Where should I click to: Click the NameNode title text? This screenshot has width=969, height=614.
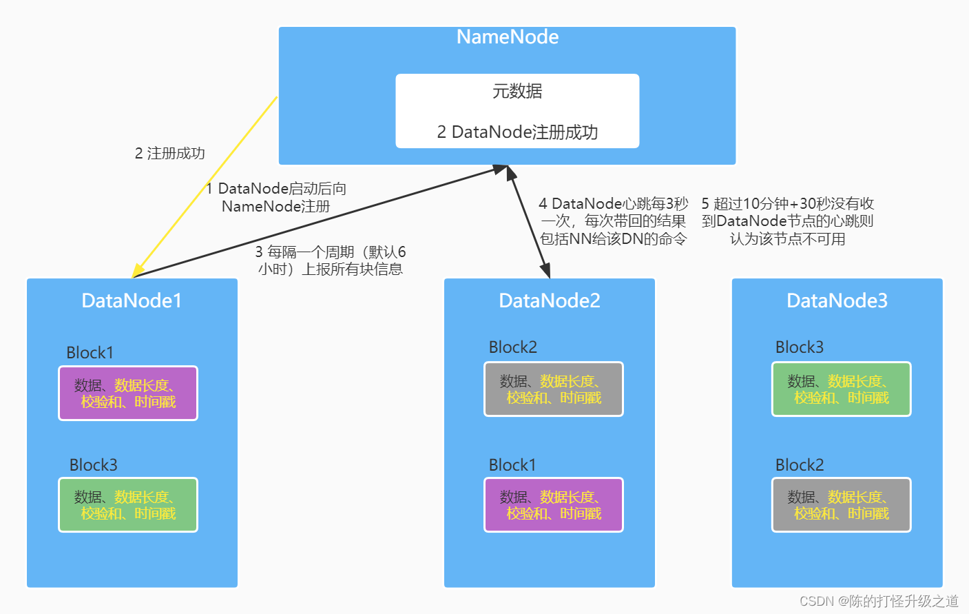coord(507,37)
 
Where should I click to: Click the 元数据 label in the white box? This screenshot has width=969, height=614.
coord(517,91)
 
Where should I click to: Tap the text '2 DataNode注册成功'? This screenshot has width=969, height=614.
coord(517,132)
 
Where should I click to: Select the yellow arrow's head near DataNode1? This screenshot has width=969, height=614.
coord(138,269)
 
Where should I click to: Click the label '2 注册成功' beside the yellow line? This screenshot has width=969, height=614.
coord(170,153)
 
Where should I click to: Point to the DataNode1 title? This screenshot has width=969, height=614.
coord(132,300)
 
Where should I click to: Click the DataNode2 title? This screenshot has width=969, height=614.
coord(549,300)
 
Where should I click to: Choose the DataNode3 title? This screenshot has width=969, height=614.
coord(837,300)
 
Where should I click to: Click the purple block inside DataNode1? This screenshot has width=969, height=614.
coord(128,393)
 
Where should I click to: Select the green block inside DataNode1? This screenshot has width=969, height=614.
coord(128,505)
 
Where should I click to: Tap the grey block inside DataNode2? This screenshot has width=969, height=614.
coord(553,389)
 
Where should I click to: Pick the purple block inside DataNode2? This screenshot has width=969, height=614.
coord(553,505)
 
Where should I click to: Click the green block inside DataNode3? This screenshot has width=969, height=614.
coord(841,389)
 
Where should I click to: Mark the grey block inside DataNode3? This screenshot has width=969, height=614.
coord(841,505)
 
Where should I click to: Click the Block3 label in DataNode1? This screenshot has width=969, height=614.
coord(93,465)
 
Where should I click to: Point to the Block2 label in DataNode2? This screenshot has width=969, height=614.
coord(512,347)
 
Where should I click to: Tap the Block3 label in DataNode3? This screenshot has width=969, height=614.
coord(799,347)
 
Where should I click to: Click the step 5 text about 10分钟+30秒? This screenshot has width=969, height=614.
coord(787,221)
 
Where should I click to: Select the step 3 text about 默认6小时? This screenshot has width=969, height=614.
coord(330,260)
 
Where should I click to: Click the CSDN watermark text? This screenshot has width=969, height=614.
coord(879,601)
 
